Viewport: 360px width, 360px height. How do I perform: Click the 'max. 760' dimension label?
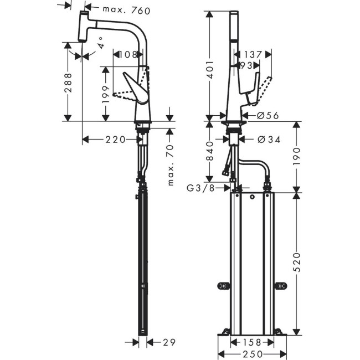point(127,11)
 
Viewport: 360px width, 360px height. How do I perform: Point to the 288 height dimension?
point(67,84)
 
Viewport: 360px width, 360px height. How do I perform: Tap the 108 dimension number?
point(128,54)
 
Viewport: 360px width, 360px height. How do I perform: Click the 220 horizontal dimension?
point(115,140)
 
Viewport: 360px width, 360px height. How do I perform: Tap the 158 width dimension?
point(251,343)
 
